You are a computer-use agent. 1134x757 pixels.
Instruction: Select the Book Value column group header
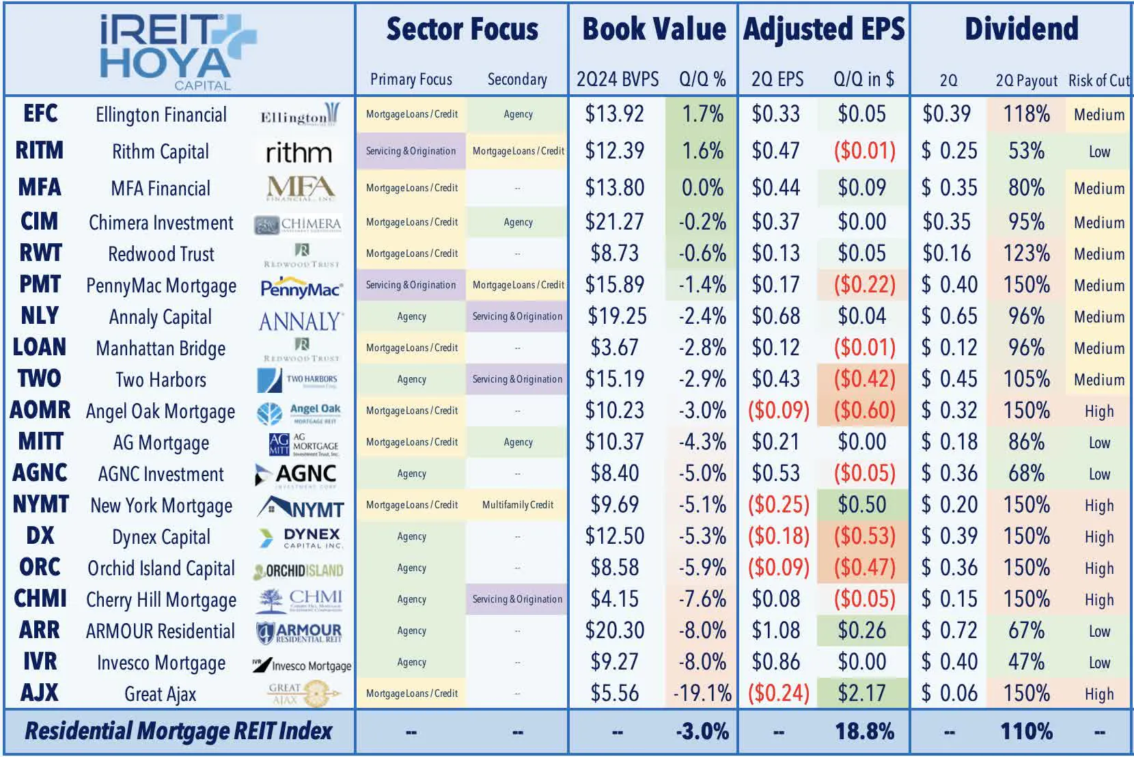pos(653,29)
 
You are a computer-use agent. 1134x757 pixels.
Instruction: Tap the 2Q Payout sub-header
pos(1026,81)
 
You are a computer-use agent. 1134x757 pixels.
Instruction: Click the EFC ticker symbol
pos(40,114)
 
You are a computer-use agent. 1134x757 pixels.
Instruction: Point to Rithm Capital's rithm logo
pos(299,152)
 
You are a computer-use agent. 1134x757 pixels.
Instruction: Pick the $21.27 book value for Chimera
pos(614,222)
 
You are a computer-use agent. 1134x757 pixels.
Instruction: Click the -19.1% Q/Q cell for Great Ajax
pos(702,693)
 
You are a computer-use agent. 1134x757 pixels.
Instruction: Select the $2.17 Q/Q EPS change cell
pos(862,693)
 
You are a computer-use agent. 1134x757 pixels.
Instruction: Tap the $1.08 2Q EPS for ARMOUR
pos(776,631)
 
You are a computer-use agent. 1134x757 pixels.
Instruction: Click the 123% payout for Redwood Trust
pos(1026,253)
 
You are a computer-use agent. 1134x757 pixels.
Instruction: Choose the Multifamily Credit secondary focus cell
pos(518,505)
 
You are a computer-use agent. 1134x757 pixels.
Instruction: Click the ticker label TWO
pos(40,379)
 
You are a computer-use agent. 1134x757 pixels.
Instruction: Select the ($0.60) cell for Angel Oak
pos(864,411)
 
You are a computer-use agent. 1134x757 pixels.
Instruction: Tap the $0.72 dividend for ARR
pos(950,631)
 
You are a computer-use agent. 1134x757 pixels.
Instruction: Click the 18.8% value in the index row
pos(864,732)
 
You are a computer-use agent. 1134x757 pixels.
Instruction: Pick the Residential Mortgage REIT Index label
pos(178,732)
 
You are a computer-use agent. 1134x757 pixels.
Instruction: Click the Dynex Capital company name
pos(161,537)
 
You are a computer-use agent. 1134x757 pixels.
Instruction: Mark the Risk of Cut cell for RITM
pos(1099,152)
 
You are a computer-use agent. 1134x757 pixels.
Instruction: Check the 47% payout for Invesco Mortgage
pos(1026,662)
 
